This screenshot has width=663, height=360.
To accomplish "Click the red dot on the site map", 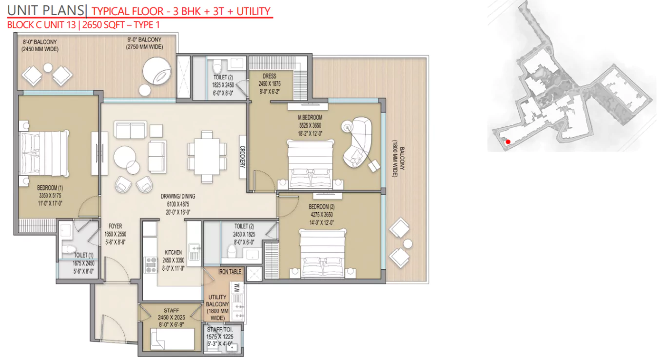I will point(507,142).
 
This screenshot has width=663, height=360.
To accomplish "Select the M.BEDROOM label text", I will point(311,118).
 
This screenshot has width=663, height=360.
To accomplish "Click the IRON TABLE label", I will point(230,272).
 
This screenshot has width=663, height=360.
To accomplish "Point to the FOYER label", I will point(116,226).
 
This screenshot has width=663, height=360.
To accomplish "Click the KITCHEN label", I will point(173,253).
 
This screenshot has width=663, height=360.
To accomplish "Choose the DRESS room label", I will point(269,76).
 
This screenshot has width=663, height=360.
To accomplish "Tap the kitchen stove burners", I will point(150,264).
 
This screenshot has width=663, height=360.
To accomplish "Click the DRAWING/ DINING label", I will point(178,197).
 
